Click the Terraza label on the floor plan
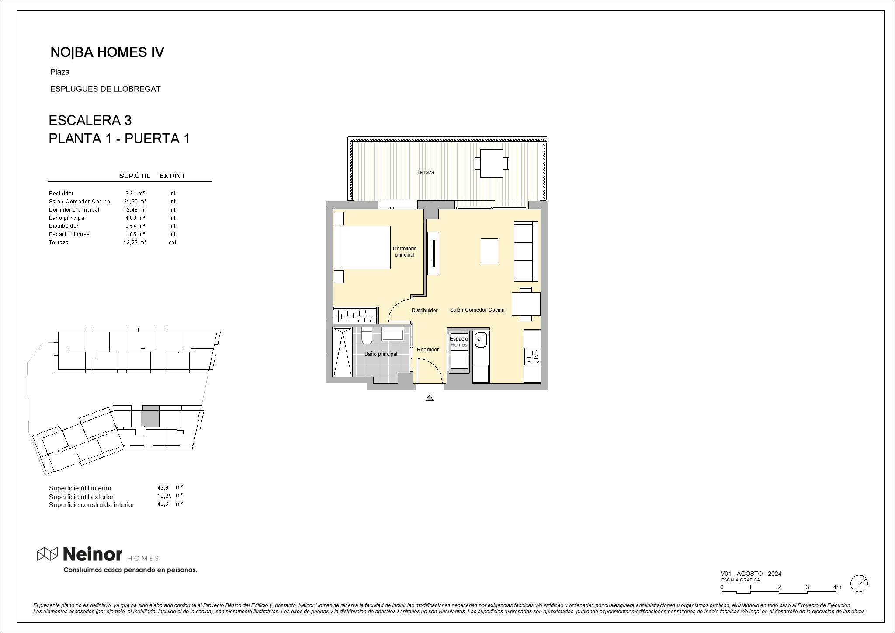(x=425, y=172)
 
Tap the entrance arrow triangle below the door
(x=430, y=397)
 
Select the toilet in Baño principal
(x=367, y=335)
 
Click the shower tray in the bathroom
(x=343, y=352)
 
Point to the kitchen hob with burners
(x=532, y=357)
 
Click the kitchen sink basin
(x=481, y=340)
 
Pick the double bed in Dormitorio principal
(x=362, y=247)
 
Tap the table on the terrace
(x=492, y=163)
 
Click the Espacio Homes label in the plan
(x=459, y=342)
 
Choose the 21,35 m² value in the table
(x=135, y=202)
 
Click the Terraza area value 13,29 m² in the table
(x=135, y=243)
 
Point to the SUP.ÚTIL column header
(x=135, y=176)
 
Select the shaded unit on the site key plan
(x=150, y=416)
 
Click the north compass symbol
(x=859, y=583)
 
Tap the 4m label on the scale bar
(x=837, y=587)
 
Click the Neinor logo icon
(x=47, y=554)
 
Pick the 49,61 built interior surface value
(x=164, y=504)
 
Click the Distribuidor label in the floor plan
(x=424, y=310)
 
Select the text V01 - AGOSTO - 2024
(x=751, y=574)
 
